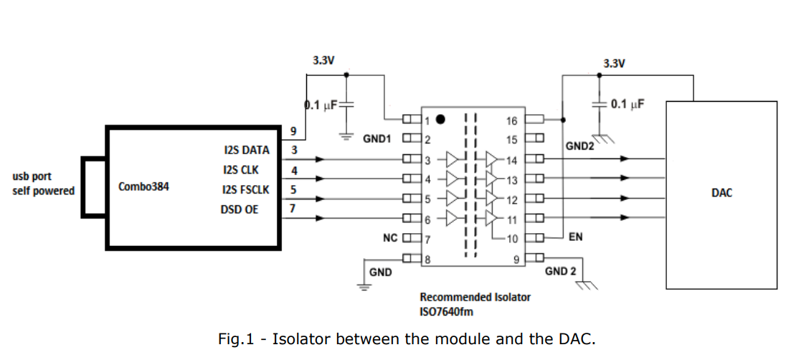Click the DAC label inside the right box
[x=721, y=192]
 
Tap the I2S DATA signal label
[x=247, y=151]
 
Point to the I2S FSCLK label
[x=245, y=190]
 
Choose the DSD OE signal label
[x=241, y=209]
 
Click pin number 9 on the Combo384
[x=293, y=131]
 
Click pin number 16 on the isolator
[x=512, y=120]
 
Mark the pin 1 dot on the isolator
[x=440, y=119]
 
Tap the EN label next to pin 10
[x=575, y=237]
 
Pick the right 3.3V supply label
[x=614, y=63]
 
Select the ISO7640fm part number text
[x=446, y=311]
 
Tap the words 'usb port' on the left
[x=32, y=176]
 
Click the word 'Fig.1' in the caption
[x=236, y=338]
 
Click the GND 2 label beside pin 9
[x=561, y=271]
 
